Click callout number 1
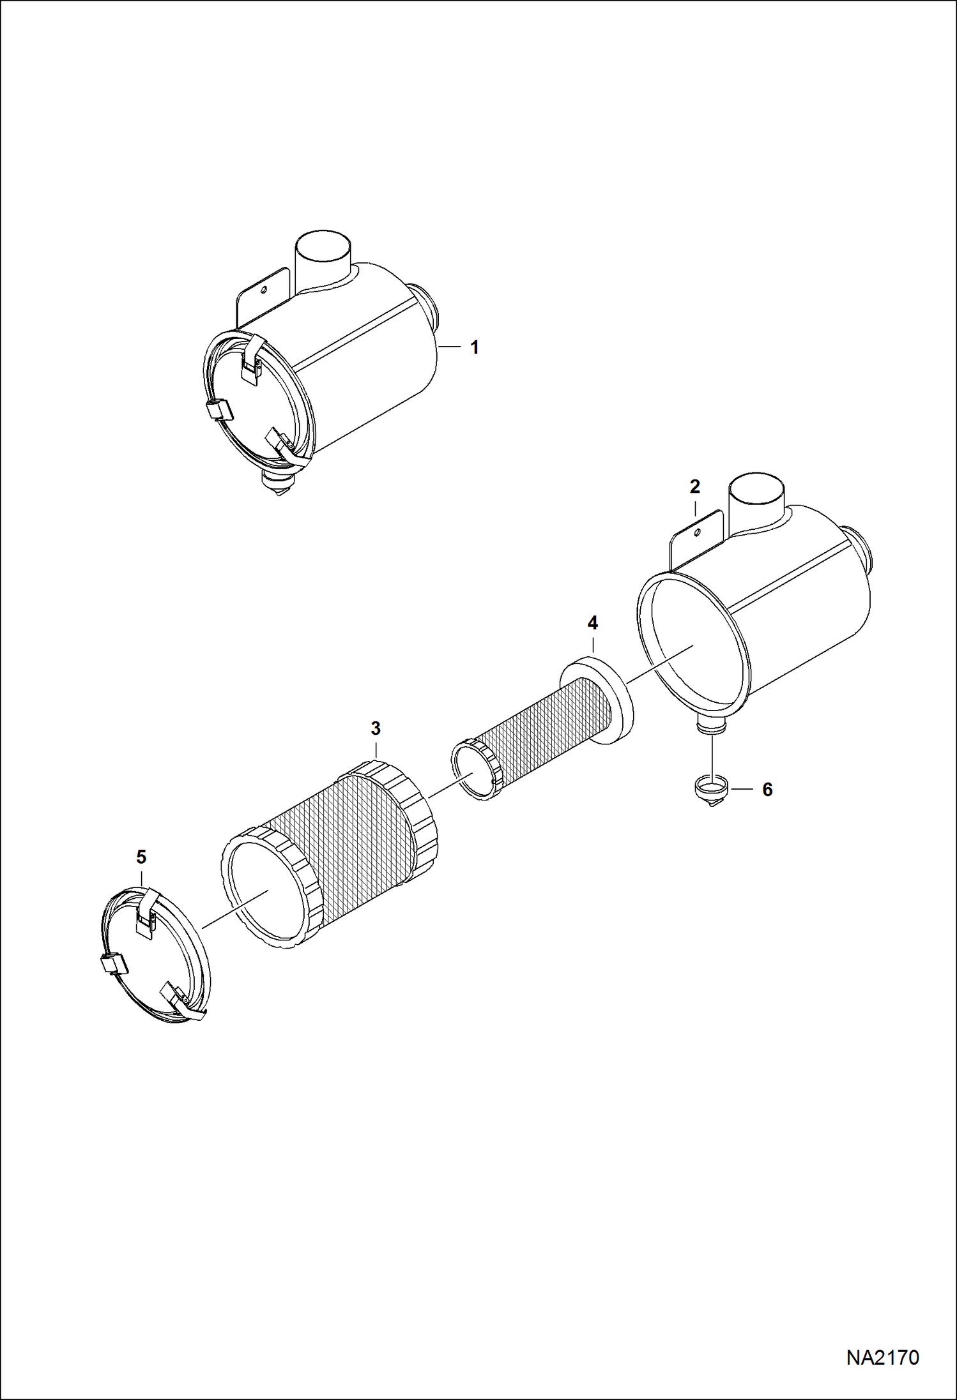point(474,347)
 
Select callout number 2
point(694,486)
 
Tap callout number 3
point(375,728)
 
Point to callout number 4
point(592,622)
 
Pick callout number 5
point(141,857)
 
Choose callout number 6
point(767,790)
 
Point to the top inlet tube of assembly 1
point(323,255)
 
